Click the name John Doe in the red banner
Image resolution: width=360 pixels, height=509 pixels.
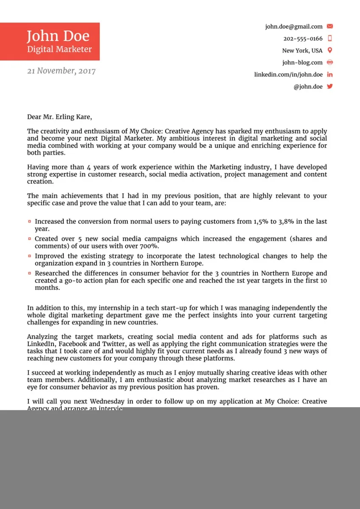pyautogui.click(x=58, y=36)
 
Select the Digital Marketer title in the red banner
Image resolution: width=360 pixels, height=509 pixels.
pyautogui.click(x=59, y=49)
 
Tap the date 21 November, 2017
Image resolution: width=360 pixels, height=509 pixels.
pyautogui.click(x=61, y=71)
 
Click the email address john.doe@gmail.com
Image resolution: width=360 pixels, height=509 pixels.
pyautogui.click(x=294, y=26)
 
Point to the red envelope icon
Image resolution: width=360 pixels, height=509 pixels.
pyautogui.click(x=330, y=26)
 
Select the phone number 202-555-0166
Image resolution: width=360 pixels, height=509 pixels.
pyautogui.click(x=303, y=39)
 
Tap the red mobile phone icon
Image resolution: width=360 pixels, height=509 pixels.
pyautogui.click(x=330, y=38)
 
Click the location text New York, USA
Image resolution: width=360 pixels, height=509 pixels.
pyautogui.click(x=302, y=50)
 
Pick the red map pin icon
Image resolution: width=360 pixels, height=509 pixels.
pyautogui.click(x=330, y=50)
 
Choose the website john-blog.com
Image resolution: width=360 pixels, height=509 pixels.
pyautogui.click(x=302, y=62)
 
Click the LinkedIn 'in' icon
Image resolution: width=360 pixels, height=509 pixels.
pyautogui.click(x=330, y=74)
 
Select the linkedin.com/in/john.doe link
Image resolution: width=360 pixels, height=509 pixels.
pyautogui.click(x=288, y=74)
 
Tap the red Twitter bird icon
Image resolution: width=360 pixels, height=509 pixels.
pyautogui.click(x=330, y=86)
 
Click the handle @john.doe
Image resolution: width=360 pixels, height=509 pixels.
pyautogui.click(x=308, y=87)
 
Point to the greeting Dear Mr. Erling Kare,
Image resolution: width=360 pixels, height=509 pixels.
pyautogui.click(x=59, y=117)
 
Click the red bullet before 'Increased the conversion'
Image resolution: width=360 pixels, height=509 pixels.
pyautogui.click(x=29, y=221)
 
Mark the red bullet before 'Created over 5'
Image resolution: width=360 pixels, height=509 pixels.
pyautogui.click(x=29, y=239)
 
